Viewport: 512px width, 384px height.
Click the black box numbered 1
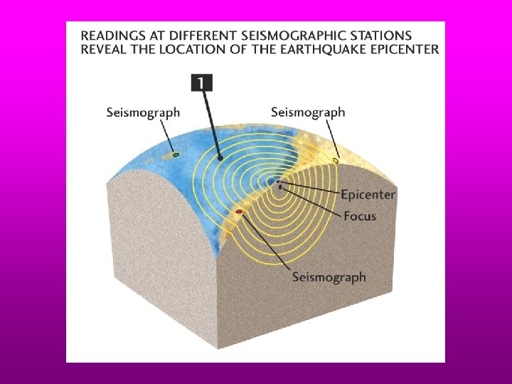(x=201, y=83)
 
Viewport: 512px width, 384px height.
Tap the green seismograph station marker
(x=176, y=154)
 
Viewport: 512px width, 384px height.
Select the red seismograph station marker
(x=239, y=212)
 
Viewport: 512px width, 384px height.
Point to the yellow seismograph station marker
(x=336, y=161)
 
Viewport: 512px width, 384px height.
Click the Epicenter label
(x=368, y=195)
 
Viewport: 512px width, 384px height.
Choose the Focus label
(x=360, y=215)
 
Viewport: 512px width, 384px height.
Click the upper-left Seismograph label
(x=143, y=112)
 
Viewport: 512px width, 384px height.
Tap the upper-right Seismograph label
(x=308, y=112)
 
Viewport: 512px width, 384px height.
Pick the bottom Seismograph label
(x=329, y=277)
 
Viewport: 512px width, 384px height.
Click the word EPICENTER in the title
(x=403, y=49)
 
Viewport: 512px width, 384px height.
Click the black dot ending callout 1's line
(x=220, y=158)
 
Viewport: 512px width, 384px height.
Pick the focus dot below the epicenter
(x=282, y=187)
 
